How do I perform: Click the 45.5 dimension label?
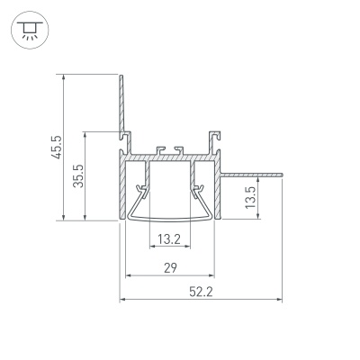click(56, 147)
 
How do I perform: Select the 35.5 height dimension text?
click(79, 175)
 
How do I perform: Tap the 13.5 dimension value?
click(251, 197)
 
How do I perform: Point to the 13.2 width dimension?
click(168, 239)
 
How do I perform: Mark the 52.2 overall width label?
click(200, 292)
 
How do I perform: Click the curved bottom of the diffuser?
click(169, 219)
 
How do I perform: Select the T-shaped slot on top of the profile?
click(168, 148)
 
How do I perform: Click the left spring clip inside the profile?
click(140, 191)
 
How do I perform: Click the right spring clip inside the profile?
click(197, 191)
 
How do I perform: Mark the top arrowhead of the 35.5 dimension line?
click(85, 131)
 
